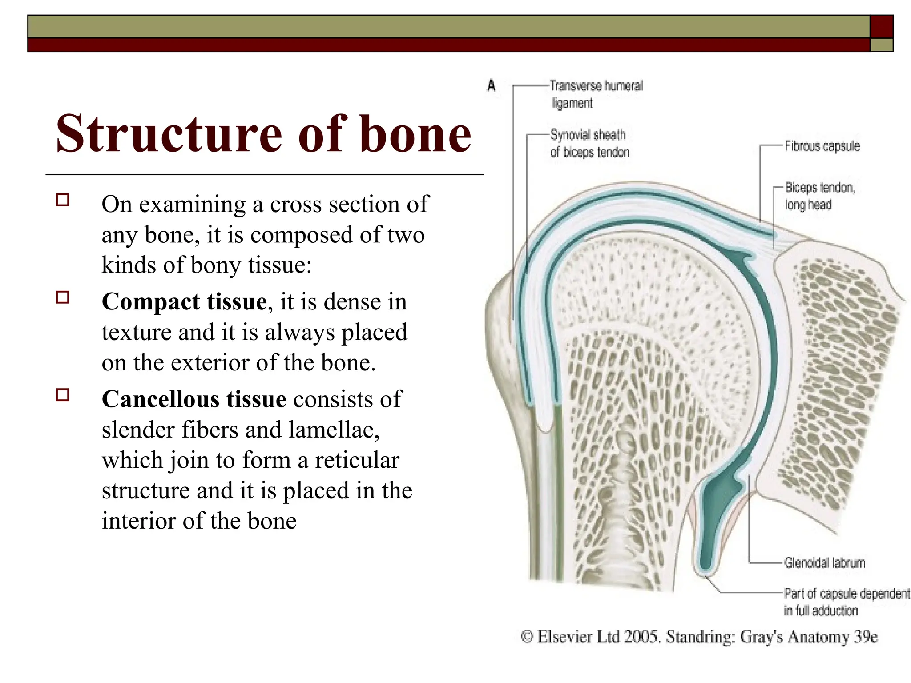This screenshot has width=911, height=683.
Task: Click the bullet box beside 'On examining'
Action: pyautogui.click(x=63, y=200)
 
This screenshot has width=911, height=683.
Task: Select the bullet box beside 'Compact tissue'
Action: pyautogui.click(x=63, y=297)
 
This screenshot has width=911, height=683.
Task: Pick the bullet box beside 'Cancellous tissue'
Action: pyautogui.click(x=63, y=394)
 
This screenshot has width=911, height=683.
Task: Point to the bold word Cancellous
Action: pyautogui.click(x=161, y=399)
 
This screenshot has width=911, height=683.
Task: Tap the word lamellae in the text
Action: pyautogui.click(x=334, y=430)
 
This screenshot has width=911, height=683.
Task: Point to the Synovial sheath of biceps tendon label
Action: pyautogui.click(x=589, y=143)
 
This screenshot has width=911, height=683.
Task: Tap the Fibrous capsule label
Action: pyautogui.click(x=822, y=146)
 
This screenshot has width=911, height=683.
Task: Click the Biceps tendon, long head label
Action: pyautogui.click(x=819, y=196)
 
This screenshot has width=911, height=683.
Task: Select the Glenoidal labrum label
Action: pyautogui.click(x=824, y=563)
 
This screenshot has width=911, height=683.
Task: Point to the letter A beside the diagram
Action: pyautogui.click(x=491, y=85)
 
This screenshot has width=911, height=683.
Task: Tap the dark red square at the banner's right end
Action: pyautogui.click(x=881, y=26)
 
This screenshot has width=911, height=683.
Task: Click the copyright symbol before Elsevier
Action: pyautogui.click(x=527, y=637)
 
